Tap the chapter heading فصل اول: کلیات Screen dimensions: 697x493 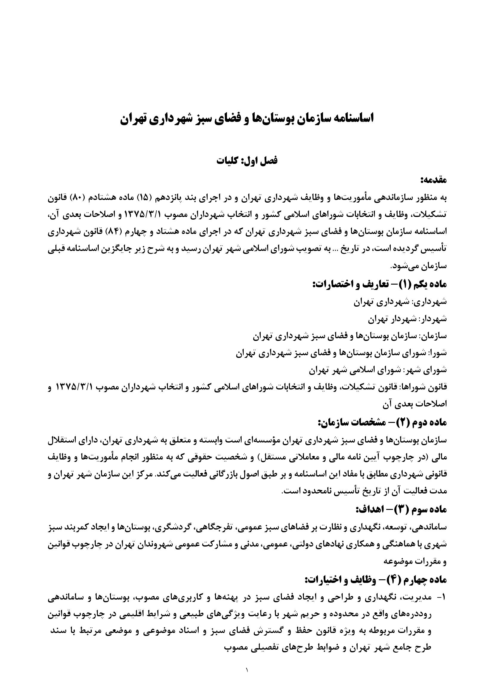click(247, 161)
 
